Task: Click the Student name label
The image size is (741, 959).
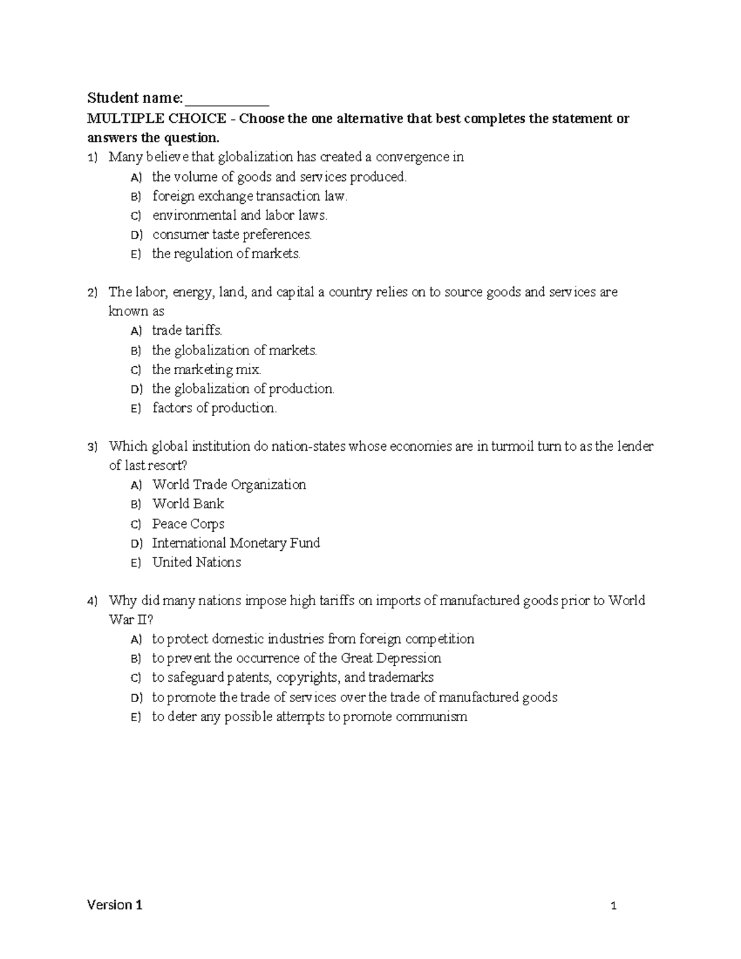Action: click(x=135, y=98)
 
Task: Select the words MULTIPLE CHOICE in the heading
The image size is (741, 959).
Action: click(x=156, y=118)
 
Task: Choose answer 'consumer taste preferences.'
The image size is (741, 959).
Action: click(x=232, y=235)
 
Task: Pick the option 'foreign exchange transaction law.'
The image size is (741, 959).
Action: click(x=250, y=196)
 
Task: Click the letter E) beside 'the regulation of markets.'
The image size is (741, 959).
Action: click(x=136, y=254)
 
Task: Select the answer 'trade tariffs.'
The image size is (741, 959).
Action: click(x=187, y=331)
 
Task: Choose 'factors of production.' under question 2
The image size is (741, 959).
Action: click(x=214, y=408)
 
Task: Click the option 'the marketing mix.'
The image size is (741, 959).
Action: click(x=207, y=370)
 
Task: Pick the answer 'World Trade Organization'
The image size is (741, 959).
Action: click(x=229, y=485)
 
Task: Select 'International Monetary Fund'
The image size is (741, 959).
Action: click(x=236, y=543)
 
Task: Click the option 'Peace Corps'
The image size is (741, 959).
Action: click(x=188, y=524)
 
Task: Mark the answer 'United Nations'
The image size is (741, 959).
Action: click(x=196, y=563)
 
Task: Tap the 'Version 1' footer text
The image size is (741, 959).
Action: click(x=115, y=905)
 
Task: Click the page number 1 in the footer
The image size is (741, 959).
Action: click(x=614, y=907)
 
